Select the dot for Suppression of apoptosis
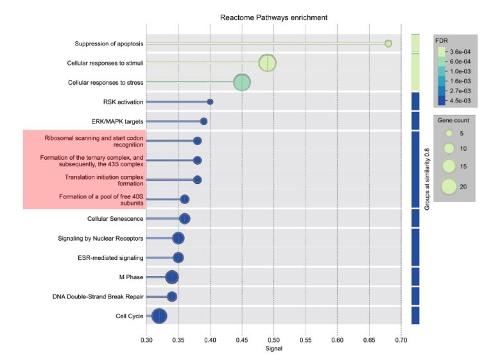388,44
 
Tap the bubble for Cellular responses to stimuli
267,63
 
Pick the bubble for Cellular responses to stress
241,82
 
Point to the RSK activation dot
210,101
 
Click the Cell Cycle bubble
159,316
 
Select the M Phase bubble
171,277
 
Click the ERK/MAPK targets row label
118,121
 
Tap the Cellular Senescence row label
116,219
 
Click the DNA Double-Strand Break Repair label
98,296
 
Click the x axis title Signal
273,349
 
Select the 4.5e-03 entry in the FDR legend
460,101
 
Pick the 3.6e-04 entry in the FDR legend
460,52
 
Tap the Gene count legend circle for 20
449,186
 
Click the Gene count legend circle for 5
449,133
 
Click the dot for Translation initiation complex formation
197,180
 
